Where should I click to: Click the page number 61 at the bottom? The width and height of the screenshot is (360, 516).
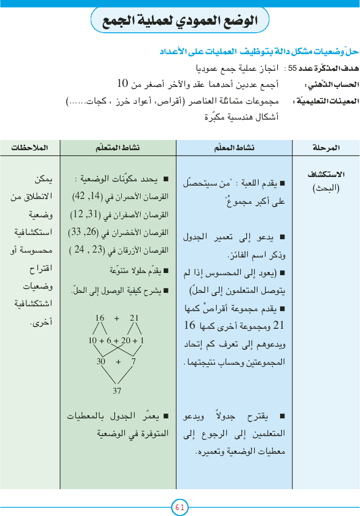coord(180,507)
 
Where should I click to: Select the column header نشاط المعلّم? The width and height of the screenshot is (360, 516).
coord(235,146)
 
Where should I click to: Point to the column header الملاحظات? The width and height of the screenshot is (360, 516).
coord(30,146)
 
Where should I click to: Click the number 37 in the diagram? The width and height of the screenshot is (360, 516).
coord(117,390)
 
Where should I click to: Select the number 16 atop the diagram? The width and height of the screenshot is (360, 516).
coord(100,318)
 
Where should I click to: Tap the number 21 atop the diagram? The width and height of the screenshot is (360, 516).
coord(134,318)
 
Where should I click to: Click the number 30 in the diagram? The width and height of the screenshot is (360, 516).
coord(101,362)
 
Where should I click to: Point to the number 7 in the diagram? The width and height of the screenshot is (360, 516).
coord(133,362)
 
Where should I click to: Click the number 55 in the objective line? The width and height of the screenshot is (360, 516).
coord(292,69)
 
